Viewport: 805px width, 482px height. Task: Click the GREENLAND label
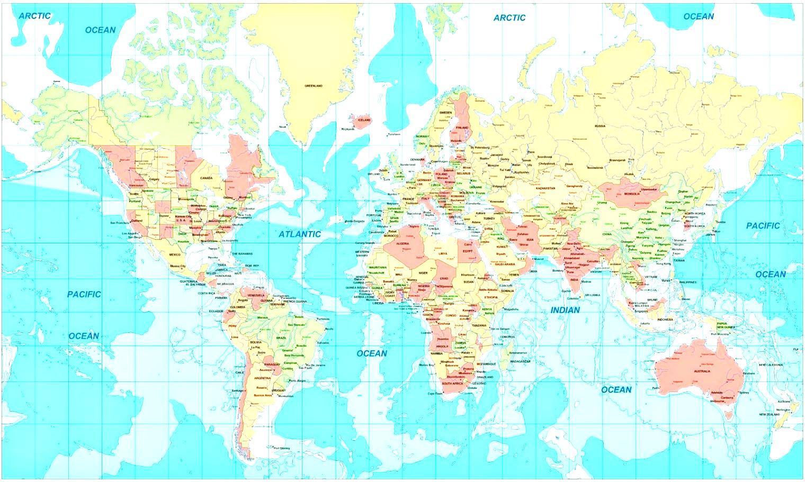coord(313,86)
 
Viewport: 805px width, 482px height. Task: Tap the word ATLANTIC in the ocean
coord(300,234)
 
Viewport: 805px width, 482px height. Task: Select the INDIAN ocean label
coord(565,310)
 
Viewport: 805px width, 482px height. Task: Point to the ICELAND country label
coord(364,120)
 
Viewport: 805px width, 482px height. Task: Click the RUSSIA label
coord(600,126)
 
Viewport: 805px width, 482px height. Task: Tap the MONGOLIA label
coord(632,194)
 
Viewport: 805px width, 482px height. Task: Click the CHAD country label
coord(444,278)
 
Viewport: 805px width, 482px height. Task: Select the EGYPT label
coord(468,251)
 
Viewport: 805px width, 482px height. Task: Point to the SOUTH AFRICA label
coord(453,383)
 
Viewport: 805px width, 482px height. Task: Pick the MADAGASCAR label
coord(520,361)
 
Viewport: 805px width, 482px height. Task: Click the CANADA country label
coord(206,178)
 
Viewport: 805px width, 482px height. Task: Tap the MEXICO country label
coord(175,254)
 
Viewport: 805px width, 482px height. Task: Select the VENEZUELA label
coord(256,295)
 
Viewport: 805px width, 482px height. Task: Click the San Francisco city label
coord(120,223)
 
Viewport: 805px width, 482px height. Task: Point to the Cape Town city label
coord(434,393)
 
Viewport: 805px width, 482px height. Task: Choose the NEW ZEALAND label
coord(770,414)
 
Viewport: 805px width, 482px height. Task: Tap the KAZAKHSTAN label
coord(545,188)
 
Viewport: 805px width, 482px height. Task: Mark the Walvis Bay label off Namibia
coord(426,365)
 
